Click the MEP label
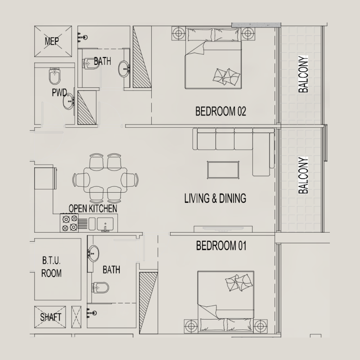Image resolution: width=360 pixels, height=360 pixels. click(54, 42)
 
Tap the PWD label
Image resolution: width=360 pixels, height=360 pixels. click(59, 93)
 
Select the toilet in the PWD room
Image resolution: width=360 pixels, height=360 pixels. click(54, 76)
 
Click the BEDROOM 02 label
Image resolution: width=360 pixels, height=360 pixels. click(220, 112)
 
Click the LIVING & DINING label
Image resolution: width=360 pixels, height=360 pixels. click(215, 198)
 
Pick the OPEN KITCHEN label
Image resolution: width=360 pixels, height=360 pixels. click(93, 209)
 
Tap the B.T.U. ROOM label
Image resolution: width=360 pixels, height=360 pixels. click(51, 266)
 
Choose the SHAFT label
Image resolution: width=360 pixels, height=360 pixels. click(50, 317)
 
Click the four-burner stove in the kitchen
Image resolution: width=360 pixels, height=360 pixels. click(69, 223)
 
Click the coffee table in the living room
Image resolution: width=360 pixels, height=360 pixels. click(223, 169)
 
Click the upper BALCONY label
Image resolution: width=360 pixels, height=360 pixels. click(305, 74)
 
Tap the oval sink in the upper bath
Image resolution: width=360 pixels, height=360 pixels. click(124, 69)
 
